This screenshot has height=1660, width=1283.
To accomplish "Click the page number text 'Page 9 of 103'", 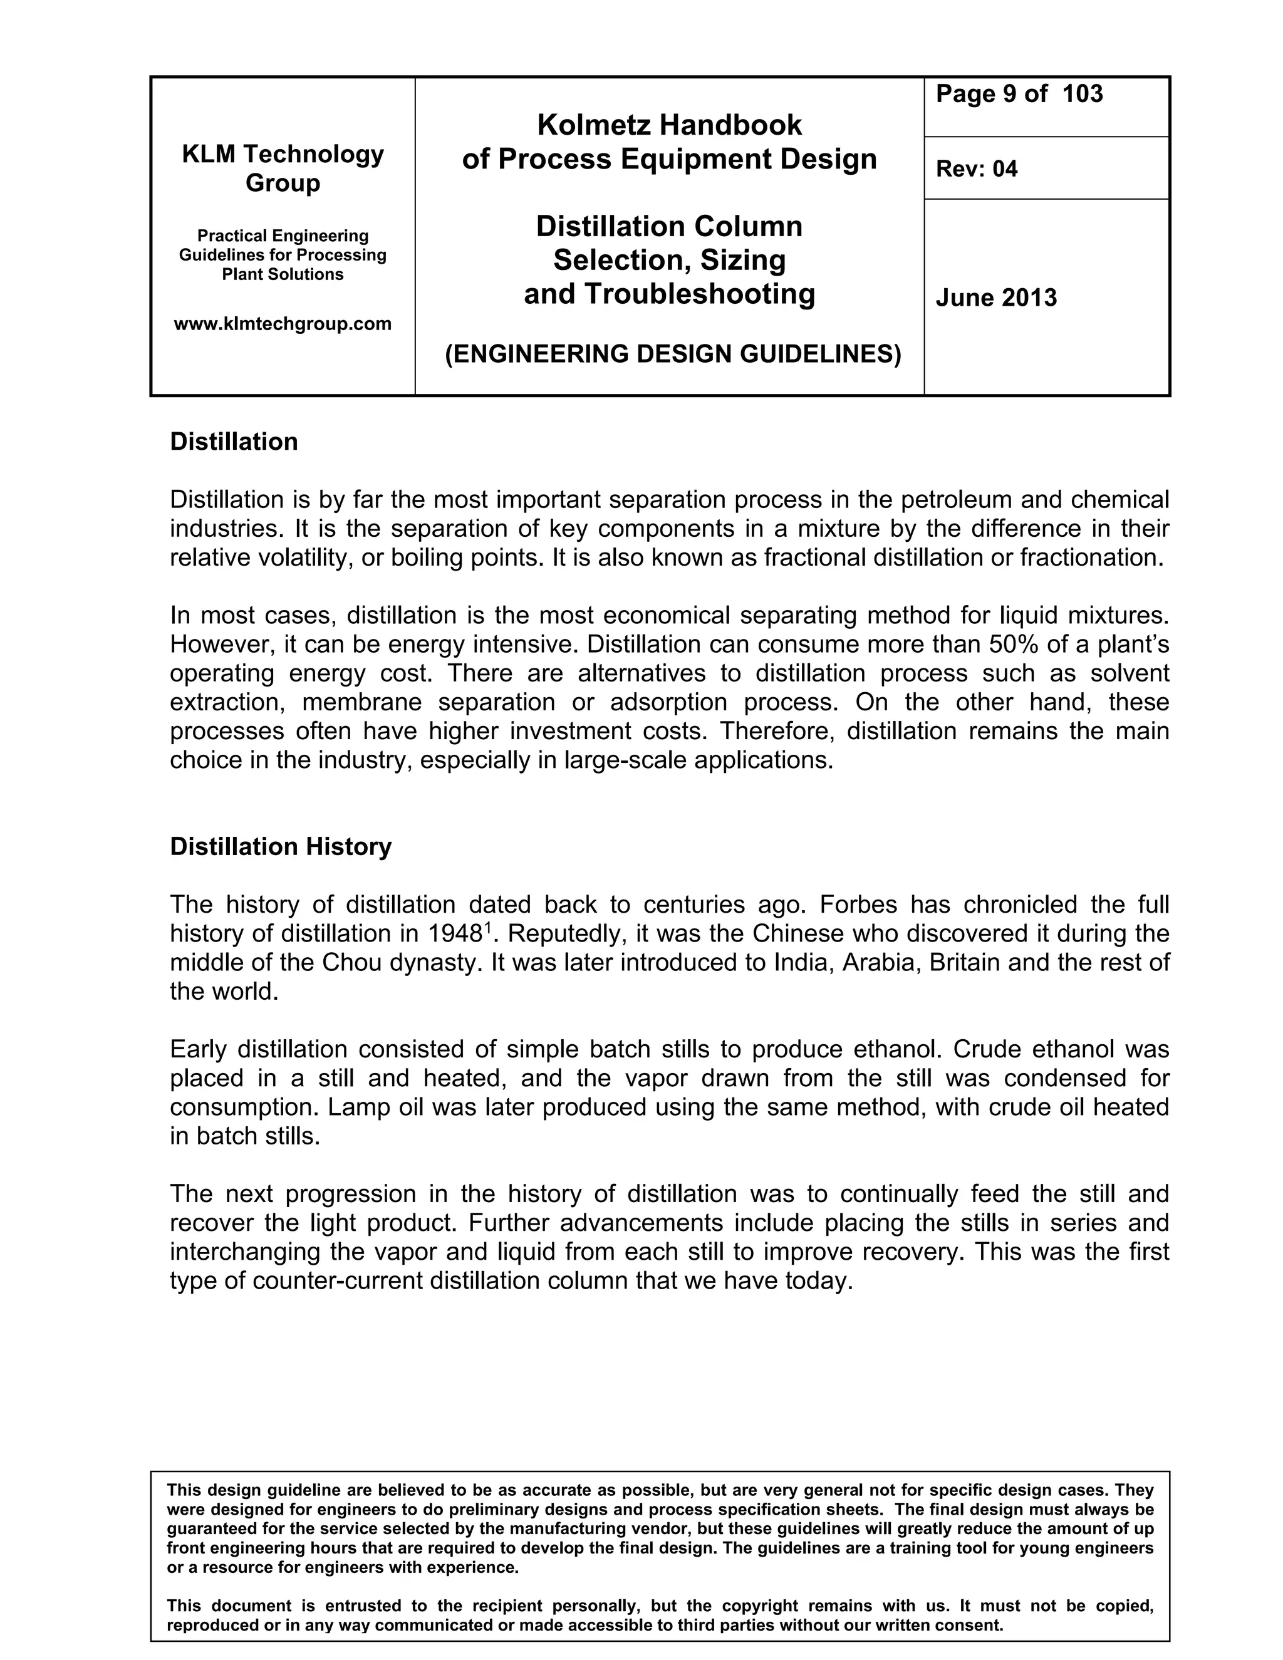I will click(1019, 94).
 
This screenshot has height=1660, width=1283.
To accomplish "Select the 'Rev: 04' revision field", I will click(976, 169).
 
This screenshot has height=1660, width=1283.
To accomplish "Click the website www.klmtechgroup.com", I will click(283, 324).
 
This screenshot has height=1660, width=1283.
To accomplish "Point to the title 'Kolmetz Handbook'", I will click(669, 125).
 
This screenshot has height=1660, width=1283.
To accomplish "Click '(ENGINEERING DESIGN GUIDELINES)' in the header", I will click(673, 354).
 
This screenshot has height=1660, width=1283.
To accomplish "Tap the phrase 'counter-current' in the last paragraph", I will click(338, 1281).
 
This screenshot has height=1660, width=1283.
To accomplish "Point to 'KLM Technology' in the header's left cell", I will click(283, 154).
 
